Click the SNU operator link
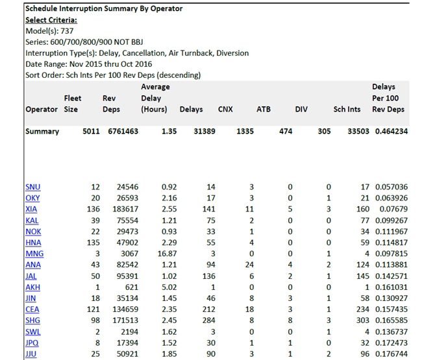(32, 187)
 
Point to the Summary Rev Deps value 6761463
(123, 131)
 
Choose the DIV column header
(301, 109)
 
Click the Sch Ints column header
(347, 109)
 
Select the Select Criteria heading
(51, 19)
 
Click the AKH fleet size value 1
(97, 287)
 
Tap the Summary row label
(42, 131)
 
